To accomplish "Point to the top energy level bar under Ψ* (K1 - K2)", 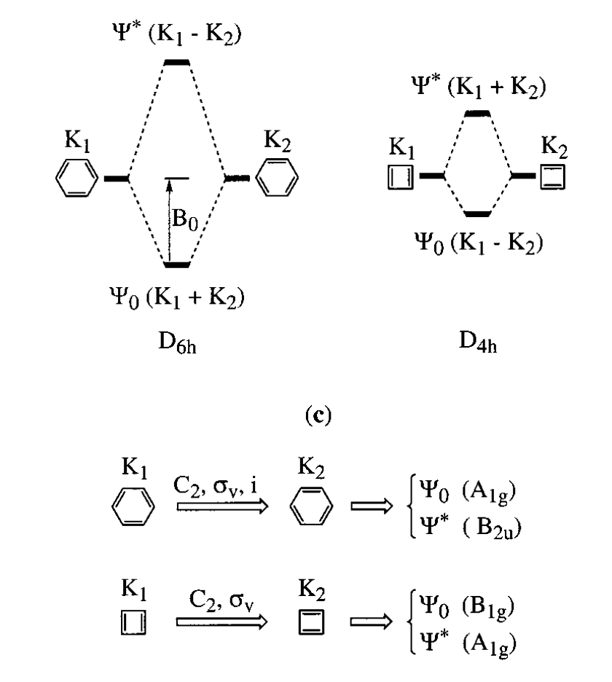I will point(177,63).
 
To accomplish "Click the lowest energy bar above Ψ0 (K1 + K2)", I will point(177,264).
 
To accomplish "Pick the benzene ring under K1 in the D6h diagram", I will point(76,179).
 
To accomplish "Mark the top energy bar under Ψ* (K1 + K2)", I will point(479,114).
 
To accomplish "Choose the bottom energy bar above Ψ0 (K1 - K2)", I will point(479,213).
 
